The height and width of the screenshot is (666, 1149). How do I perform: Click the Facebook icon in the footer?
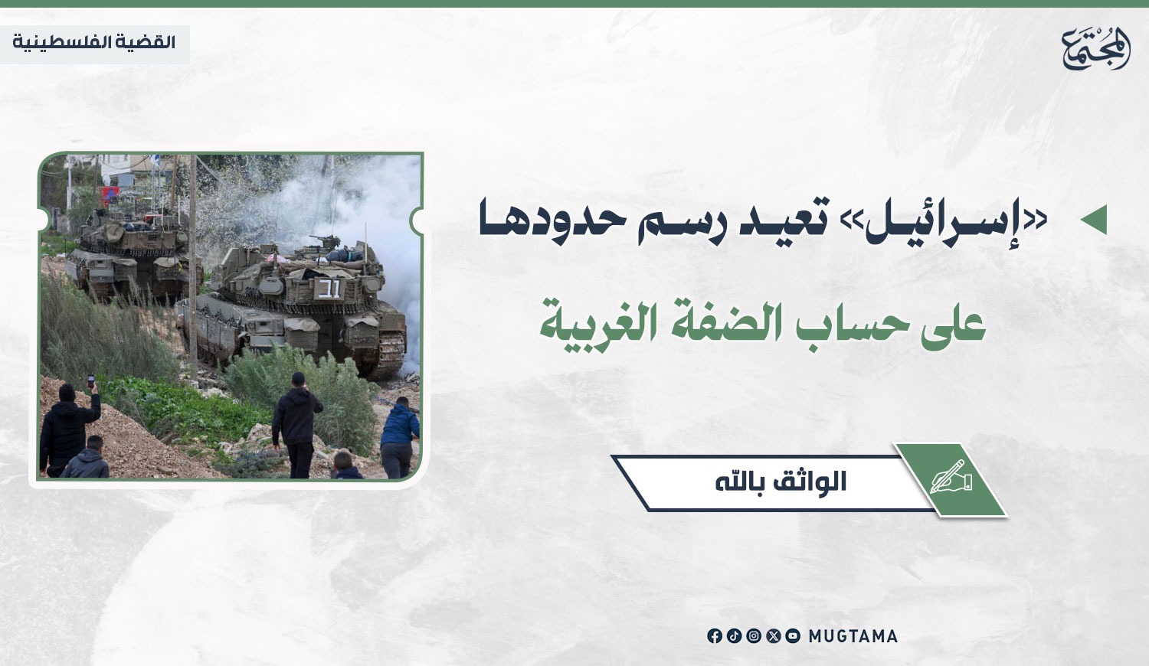click(x=715, y=636)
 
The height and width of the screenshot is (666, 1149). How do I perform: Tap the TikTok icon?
click(x=734, y=636)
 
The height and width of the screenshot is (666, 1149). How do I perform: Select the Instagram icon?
click(x=754, y=636)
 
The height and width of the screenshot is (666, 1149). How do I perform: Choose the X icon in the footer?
click(x=773, y=636)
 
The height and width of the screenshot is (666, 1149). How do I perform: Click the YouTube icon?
click(x=793, y=636)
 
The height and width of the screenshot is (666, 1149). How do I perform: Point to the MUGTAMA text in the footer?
click(x=853, y=636)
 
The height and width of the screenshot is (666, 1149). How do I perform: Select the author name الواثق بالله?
click(x=781, y=482)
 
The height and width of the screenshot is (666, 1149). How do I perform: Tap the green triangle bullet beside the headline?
click(x=1094, y=220)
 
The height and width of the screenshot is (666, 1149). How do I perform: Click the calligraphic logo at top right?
click(x=1095, y=48)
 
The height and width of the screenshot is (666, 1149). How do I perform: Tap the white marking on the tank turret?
click(x=329, y=289)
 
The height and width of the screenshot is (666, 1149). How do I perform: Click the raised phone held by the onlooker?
click(x=91, y=381)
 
